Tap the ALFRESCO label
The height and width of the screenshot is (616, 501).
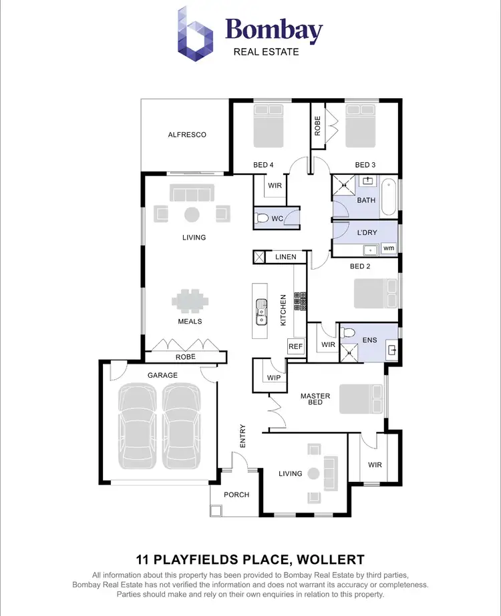pos(187,135)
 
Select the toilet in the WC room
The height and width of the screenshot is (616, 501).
pos(263,218)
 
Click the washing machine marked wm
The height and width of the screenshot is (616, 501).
pos(388,248)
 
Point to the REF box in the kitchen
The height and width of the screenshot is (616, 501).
pos(295,346)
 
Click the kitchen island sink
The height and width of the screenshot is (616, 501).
pos(260,311)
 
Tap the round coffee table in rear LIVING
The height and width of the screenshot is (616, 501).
pos(192,214)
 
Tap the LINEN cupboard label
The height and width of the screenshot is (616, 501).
pos(285,257)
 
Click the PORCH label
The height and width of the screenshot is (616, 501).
pos(236,495)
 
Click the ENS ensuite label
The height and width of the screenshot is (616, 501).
pos(369,340)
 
